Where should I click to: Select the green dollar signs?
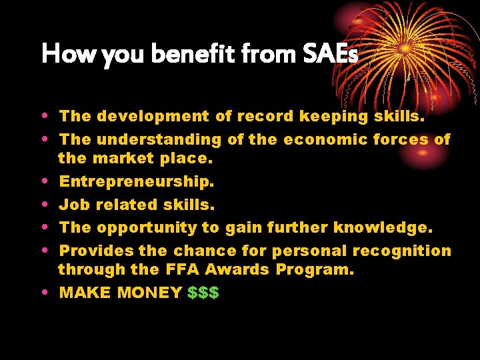click(203, 293)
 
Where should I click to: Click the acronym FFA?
click(182, 270)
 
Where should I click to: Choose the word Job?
click(73, 205)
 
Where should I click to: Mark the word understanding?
click(159, 139)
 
